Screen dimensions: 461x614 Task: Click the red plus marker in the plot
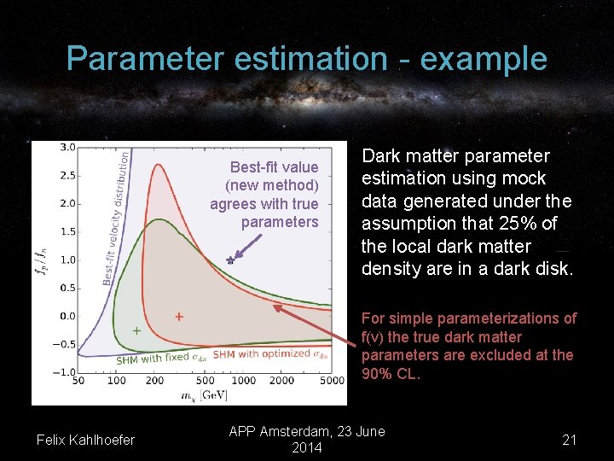click(x=179, y=317)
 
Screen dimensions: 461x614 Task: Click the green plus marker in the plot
click(x=136, y=330)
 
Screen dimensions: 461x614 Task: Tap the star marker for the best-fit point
click(x=229, y=260)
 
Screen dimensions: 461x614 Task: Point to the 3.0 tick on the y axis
click(x=67, y=148)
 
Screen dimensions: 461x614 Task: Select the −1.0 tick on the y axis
click(x=64, y=372)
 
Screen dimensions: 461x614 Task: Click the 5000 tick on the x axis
click(x=333, y=381)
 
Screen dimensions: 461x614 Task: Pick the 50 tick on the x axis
click(x=78, y=381)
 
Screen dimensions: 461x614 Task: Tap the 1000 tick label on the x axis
click(x=244, y=381)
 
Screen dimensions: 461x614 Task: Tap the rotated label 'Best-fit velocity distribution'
click(x=116, y=218)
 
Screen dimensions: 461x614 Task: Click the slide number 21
click(x=570, y=440)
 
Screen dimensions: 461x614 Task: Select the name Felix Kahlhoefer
click(x=85, y=440)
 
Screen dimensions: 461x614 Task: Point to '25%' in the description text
click(x=518, y=225)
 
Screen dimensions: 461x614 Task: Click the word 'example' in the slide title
click(x=484, y=59)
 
